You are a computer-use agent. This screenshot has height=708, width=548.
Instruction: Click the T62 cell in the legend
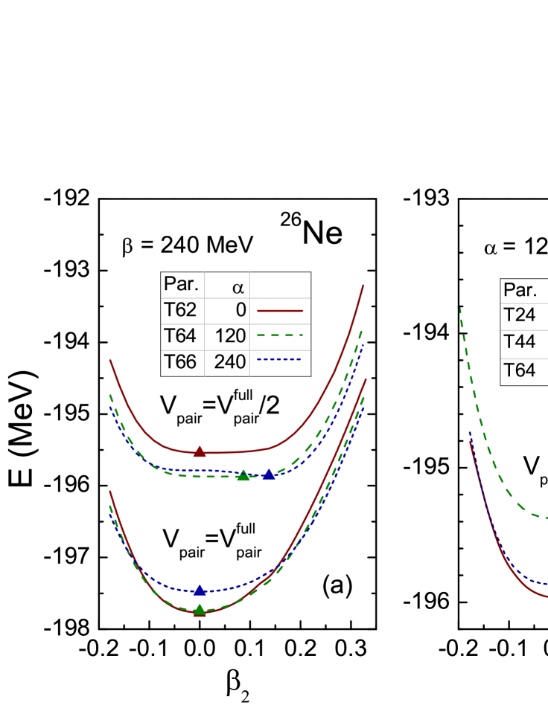coord(180,310)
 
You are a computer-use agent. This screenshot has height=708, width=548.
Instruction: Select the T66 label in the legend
coord(180,362)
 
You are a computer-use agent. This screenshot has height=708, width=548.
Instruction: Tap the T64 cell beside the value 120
coord(180,336)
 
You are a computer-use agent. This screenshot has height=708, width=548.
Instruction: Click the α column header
coord(238,286)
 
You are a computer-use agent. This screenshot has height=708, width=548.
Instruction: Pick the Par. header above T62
coord(181,285)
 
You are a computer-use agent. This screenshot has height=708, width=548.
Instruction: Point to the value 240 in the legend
coord(230,362)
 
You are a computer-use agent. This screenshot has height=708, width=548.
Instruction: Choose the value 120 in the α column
coord(230,336)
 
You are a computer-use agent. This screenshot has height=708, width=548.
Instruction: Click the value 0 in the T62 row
coord(240,310)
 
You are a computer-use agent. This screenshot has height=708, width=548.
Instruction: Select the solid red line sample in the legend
coord(280,310)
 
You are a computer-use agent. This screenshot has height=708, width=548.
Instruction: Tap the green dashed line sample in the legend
coord(280,335)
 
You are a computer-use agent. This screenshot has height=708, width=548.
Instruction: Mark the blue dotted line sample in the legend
coord(280,361)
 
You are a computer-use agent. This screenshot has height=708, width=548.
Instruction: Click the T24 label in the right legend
coord(520,315)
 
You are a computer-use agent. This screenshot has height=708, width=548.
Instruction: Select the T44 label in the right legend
coord(520,342)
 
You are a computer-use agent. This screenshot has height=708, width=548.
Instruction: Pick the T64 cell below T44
coord(520,370)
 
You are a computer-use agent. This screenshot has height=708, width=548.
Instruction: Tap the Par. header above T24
coord(520,290)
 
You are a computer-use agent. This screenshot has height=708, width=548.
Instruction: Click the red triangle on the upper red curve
coord(200,451)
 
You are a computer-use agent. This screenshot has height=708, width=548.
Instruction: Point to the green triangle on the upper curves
coord(243,475)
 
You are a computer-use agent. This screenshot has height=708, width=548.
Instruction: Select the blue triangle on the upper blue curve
coord(269,474)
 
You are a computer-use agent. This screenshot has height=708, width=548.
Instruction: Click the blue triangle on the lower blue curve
coord(200,590)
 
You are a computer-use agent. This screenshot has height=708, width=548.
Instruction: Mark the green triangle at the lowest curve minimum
coord(200,611)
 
